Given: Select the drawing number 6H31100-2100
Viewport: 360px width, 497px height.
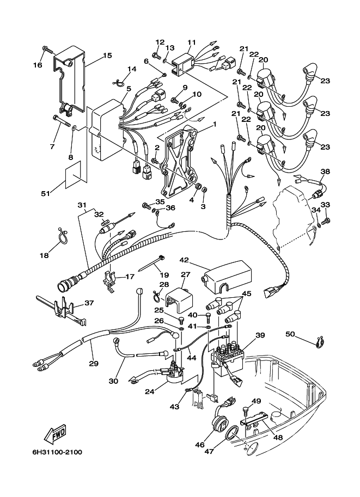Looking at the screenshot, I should (x=53, y=452).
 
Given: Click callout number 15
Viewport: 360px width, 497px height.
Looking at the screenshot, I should (x=107, y=56).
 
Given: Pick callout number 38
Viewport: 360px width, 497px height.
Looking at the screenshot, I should (x=325, y=171).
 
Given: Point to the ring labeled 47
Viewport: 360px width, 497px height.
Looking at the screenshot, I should (x=231, y=433).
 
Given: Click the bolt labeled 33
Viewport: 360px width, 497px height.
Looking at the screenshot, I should (x=326, y=221).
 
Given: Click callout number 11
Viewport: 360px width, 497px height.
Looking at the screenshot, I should (x=191, y=41).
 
